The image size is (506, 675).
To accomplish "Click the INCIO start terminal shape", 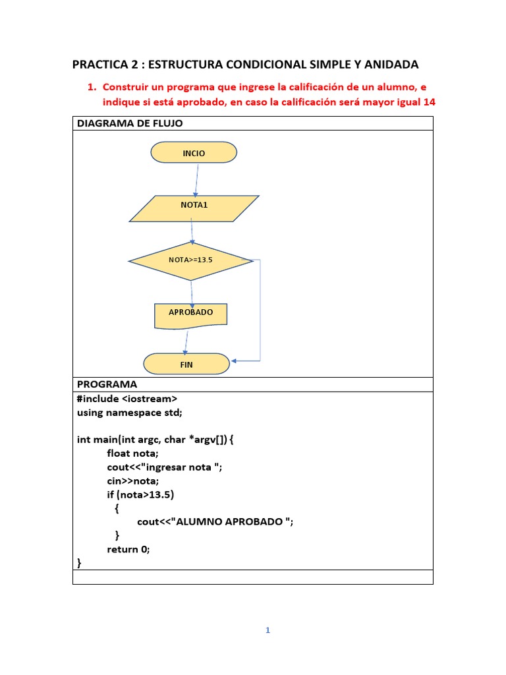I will point(194,153).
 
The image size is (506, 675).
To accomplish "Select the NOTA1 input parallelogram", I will point(194,208).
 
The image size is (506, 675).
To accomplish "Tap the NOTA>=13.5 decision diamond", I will point(190,261).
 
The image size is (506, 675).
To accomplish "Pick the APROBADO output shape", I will point(190,314).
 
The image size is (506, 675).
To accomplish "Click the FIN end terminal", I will point(186,364).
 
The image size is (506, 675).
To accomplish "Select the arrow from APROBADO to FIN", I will point(188,341).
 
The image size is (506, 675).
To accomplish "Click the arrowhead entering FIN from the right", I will point(235,361).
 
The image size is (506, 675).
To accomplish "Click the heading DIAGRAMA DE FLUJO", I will point(130,123).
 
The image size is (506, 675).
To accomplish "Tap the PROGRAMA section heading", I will point(107,384).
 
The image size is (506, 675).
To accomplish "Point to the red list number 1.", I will point(92,86).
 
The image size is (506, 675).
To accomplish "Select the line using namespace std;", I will point(129,412).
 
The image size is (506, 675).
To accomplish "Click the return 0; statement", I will point(128,548).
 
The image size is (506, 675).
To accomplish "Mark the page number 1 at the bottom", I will point(267,630).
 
